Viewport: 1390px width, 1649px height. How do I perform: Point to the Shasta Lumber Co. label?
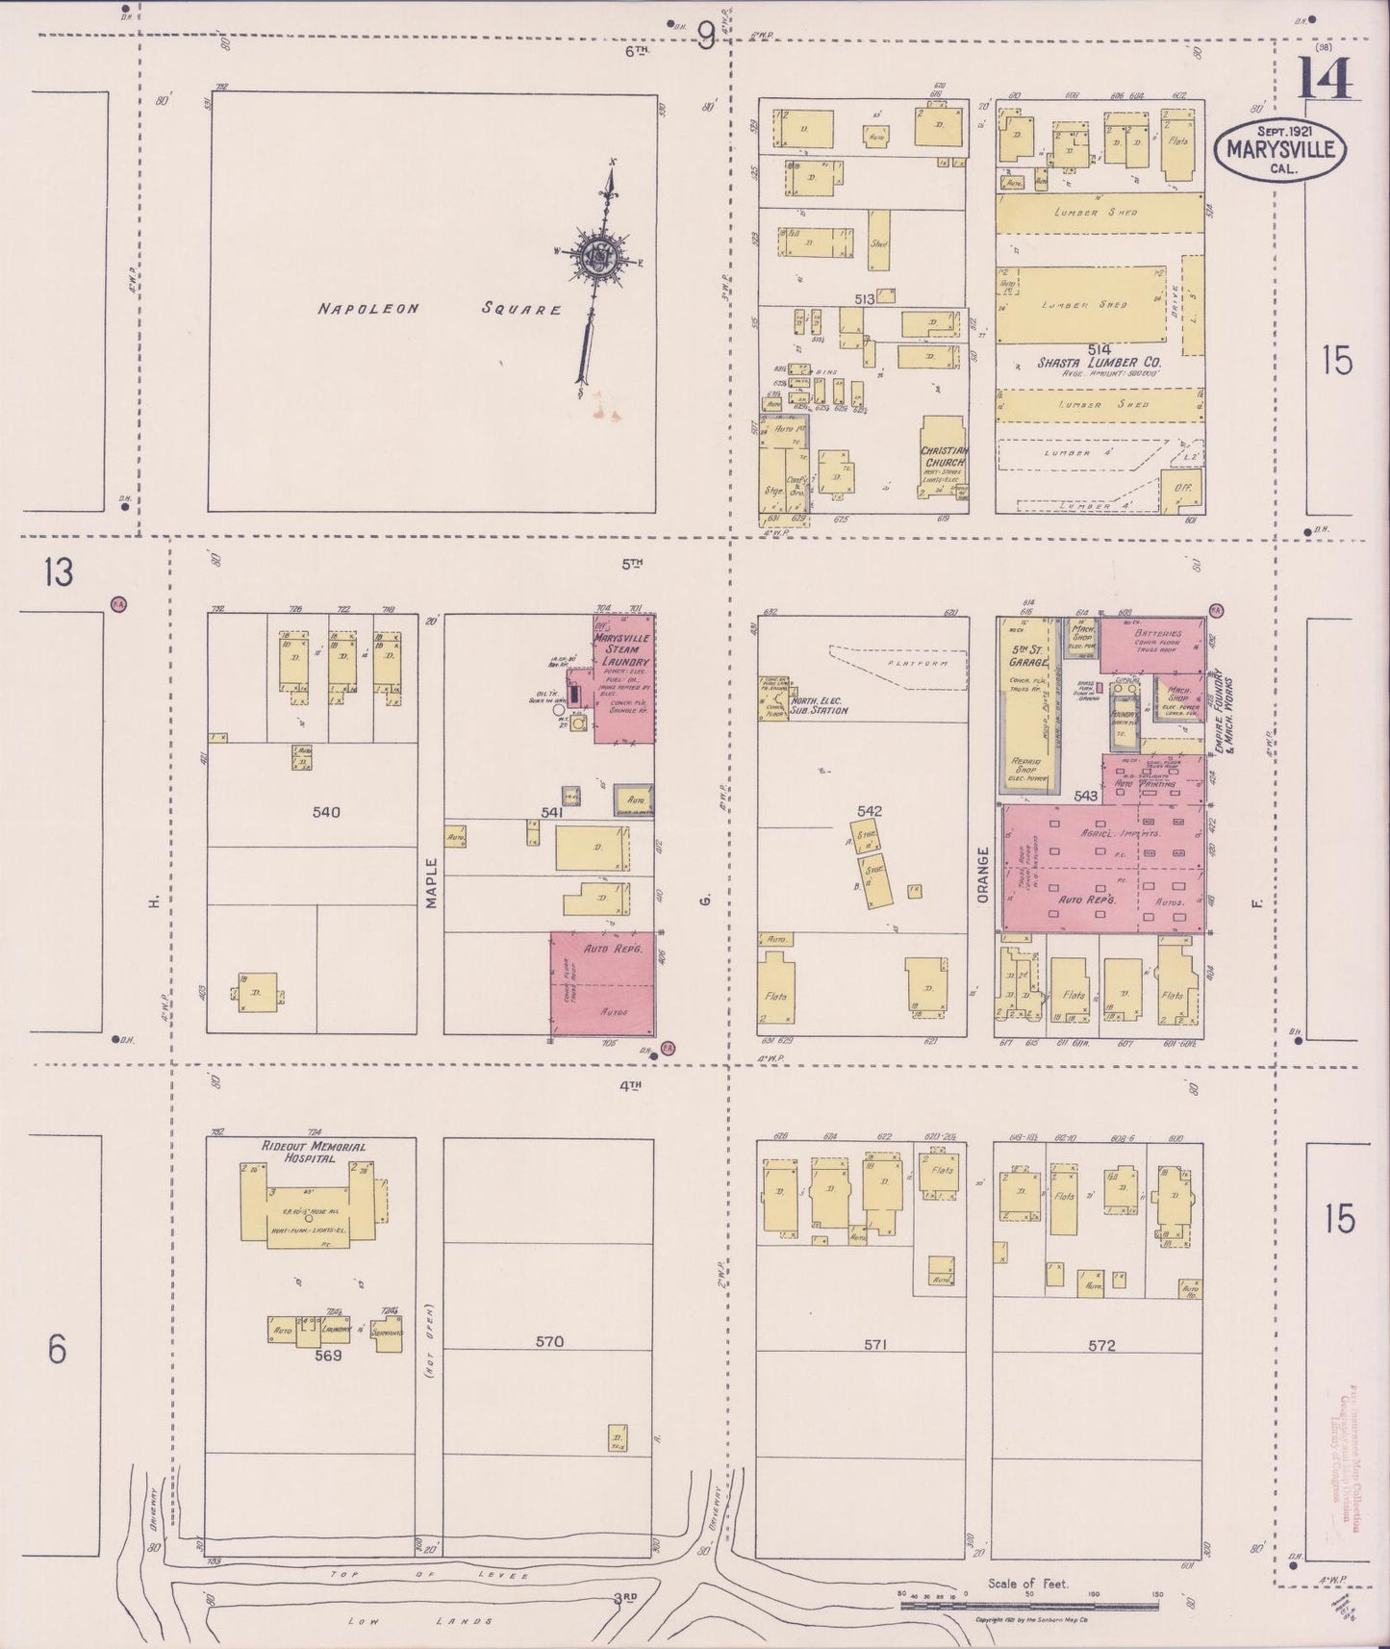[x=1099, y=364]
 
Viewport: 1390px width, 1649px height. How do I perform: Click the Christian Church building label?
[x=944, y=457]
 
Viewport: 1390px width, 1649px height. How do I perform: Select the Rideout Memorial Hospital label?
[x=312, y=1153]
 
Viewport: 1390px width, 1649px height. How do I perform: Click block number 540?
[x=326, y=812]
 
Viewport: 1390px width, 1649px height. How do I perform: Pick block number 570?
[x=549, y=1341]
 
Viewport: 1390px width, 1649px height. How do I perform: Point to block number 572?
[x=1101, y=1345]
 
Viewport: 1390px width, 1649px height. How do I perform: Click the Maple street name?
[x=432, y=882]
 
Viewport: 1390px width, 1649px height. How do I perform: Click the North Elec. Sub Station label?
[x=819, y=706]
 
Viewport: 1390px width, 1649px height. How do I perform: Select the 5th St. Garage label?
[x=1023, y=654]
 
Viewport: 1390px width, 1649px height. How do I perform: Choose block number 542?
[x=869, y=812]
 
